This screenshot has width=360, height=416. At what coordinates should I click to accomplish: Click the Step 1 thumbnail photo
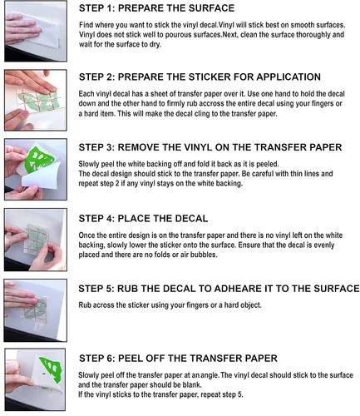(36, 31)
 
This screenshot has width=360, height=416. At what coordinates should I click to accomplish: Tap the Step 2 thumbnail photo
(36, 100)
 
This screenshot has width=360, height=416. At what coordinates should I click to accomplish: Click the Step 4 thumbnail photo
(36, 240)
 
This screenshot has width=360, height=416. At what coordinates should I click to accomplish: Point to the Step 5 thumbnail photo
(36, 310)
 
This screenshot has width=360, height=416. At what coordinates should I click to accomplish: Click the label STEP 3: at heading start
(96, 147)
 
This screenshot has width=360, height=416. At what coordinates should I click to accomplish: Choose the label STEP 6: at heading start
(97, 359)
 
